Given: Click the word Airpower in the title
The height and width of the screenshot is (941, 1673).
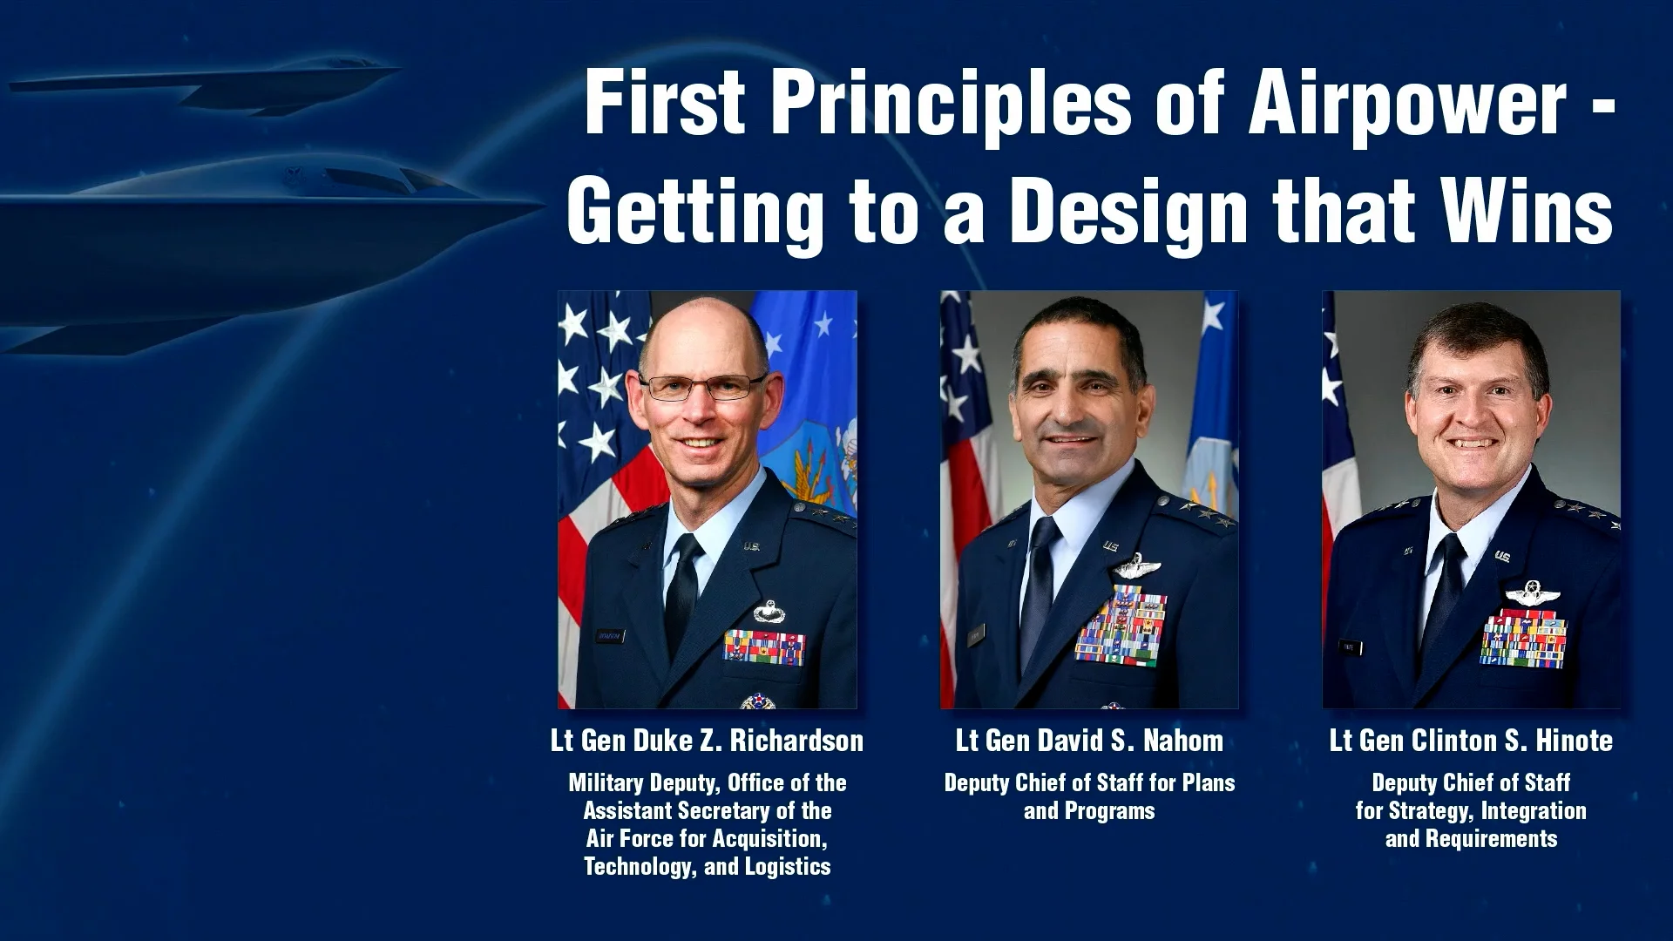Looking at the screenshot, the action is click(1407, 103).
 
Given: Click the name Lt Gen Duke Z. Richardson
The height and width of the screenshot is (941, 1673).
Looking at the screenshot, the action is click(707, 741).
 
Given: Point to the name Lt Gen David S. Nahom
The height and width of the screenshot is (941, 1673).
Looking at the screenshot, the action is click(1089, 741).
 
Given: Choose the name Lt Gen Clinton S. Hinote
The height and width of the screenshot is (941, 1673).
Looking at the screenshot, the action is click(1471, 741).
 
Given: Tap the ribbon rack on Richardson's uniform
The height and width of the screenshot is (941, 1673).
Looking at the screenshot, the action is click(764, 647).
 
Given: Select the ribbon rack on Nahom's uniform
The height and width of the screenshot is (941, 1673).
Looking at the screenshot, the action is click(1121, 626).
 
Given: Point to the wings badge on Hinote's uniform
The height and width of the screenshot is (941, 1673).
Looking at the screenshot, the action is click(1532, 596).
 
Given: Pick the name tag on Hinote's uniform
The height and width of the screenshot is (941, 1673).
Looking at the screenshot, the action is click(1351, 647).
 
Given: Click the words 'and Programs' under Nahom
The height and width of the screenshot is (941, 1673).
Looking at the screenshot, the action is click(1089, 811).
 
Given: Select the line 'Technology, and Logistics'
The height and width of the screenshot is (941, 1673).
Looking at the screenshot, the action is click(707, 867).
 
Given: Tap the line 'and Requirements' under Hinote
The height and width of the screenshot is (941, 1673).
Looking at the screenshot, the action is click(1471, 839).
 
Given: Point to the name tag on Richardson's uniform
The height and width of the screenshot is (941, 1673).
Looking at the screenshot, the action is click(611, 635).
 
